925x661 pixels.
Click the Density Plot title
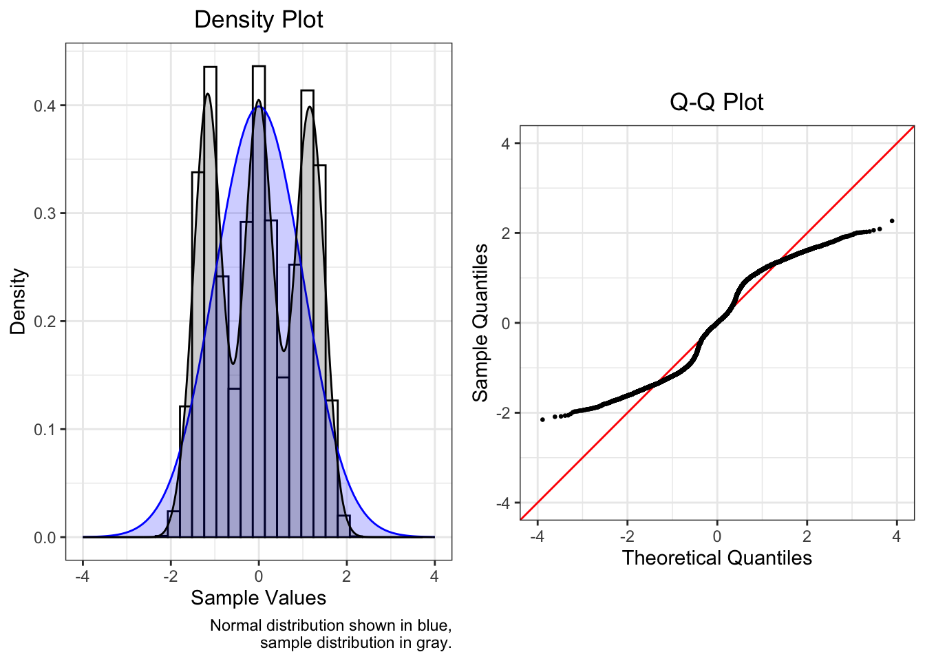[x=259, y=19]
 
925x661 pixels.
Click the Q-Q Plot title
[x=716, y=102]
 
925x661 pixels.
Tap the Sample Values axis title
[x=259, y=598]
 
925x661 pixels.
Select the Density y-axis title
[x=18, y=302]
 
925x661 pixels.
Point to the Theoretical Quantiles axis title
[x=716, y=558]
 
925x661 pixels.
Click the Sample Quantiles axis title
[x=480, y=322]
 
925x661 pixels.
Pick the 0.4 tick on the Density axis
[x=47, y=105]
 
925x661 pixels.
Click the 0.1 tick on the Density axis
[x=47, y=430]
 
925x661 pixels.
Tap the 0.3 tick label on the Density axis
[x=47, y=213]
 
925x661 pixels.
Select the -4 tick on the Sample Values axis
[x=83, y=576]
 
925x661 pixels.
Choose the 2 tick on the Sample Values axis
[x=346, y=576]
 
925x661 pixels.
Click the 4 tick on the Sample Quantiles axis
[x=506, y=143]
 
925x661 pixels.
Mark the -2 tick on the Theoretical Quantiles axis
[x=627, y=536]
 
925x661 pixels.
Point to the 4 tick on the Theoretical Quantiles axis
[x=896, y=536]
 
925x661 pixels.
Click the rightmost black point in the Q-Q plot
[x=892, y=221]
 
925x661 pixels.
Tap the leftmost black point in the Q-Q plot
[x=542, y=419]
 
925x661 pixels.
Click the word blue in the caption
[x=432, y=625]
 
